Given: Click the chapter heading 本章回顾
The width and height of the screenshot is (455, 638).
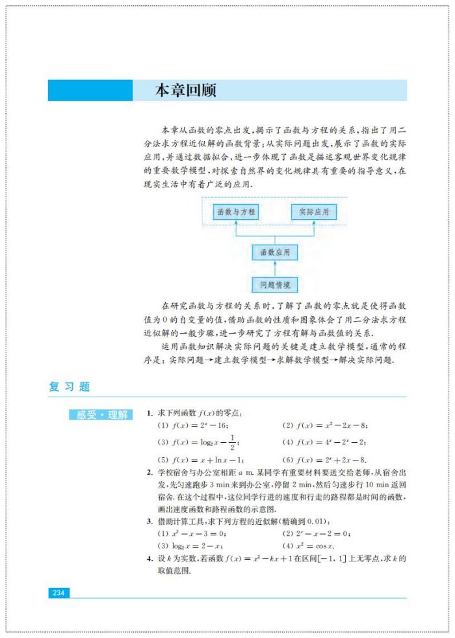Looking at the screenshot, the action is pyautogui.click(x=185, y=90).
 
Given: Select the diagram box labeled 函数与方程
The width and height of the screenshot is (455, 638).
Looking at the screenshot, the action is pyautogui.click(x=236, y=211).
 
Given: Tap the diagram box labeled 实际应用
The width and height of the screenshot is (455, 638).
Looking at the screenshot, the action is pyautogui.click(x=314, y=211).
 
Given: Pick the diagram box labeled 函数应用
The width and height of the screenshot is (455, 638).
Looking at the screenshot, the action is pyautogui.click(x=275, y=252).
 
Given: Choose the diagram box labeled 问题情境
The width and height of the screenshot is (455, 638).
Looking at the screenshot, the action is pyautogui.click(x=275, y=284).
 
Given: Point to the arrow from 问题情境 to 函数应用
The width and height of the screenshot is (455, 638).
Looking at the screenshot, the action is pyautogui.click(x=275, y=268).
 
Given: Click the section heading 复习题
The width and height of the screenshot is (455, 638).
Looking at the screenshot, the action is pyautogui.click(x=70, y=386).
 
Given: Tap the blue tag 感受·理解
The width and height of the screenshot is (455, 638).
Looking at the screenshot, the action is pyautogui.click(x=102, y=415).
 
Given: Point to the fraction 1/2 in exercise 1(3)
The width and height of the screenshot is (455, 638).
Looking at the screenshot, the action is pyautogui.click(x=232, y=442).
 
